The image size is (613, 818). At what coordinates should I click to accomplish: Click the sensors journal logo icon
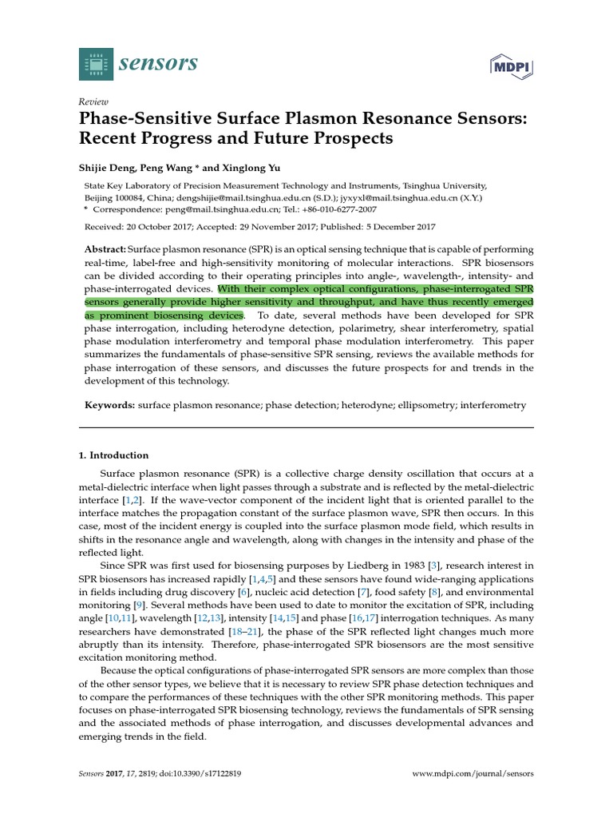click(x=97, y=63)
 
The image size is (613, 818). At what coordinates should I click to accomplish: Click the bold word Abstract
click(x=105, y=249)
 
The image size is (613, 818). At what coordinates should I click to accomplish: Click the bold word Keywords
click(x=111, y=405)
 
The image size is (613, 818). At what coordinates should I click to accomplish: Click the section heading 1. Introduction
click(x=113, y=455)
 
